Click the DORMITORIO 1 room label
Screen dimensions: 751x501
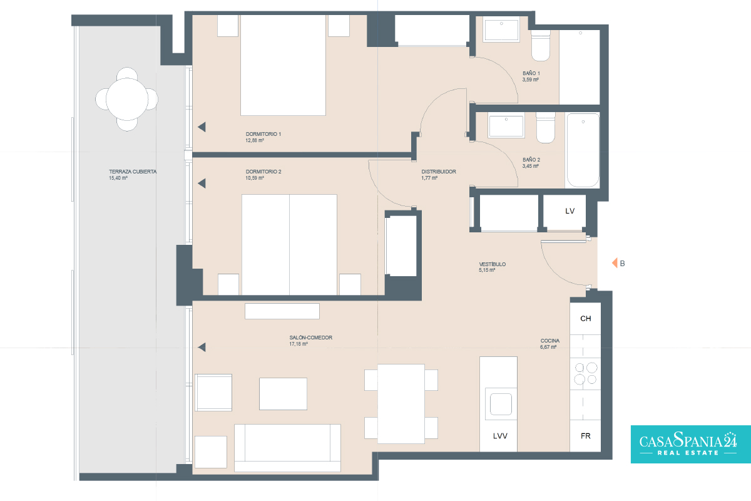(x=263, y=134)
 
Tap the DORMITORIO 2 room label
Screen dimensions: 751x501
(x=263, y=172)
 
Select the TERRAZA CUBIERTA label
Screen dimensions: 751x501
(x=133, y=172)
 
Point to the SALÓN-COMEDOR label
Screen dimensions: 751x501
(x=311, y=338)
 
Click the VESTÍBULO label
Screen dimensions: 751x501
(x=492, y=264)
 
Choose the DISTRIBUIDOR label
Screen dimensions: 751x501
(x=439, y=172)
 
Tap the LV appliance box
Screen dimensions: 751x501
(x=565, y=212)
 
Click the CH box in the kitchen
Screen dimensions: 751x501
(x=585, y=319)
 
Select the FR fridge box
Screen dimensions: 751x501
(x=585, y=436)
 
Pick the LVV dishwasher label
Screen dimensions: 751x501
(x=500, y=436)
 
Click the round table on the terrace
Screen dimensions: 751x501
(x=126, y=100)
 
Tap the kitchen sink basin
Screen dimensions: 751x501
(x=501, y=404)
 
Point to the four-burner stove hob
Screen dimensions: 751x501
(x=585, y=373)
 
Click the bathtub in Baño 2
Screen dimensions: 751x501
(x=583, y=150)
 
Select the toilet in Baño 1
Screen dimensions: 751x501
(x=541, y=46)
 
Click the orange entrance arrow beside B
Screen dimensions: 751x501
(x=615, y=263)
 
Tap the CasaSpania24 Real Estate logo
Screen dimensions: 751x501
(x=691, y=444)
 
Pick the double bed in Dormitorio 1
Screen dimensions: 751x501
(x=283, y=65)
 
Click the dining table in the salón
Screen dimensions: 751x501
(x=401, y=404)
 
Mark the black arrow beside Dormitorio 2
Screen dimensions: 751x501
(x=202, y=183)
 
